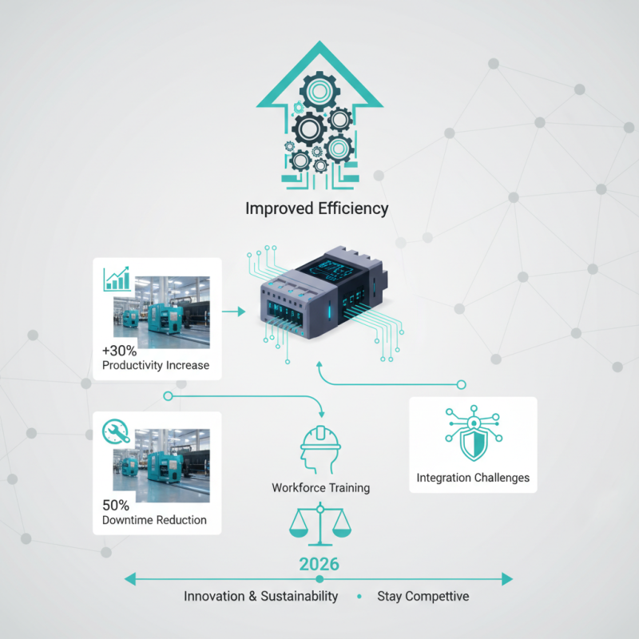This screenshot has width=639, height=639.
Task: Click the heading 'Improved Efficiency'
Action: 317,209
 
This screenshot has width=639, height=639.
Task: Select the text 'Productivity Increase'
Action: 156,366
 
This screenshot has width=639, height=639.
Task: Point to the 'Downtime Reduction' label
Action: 154,521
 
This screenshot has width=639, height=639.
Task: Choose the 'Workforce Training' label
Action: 320,487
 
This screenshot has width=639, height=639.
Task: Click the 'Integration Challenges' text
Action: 473,478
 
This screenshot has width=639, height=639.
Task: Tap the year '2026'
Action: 319,564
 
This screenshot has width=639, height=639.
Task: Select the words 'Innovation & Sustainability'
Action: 261,597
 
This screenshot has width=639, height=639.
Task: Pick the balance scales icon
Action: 319,525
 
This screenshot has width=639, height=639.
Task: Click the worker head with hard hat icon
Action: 319,448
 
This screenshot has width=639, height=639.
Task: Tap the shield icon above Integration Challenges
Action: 473,435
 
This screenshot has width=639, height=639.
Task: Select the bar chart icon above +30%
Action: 117,279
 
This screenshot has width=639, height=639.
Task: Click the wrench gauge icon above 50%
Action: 117,432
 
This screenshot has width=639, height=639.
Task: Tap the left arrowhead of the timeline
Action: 130,578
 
